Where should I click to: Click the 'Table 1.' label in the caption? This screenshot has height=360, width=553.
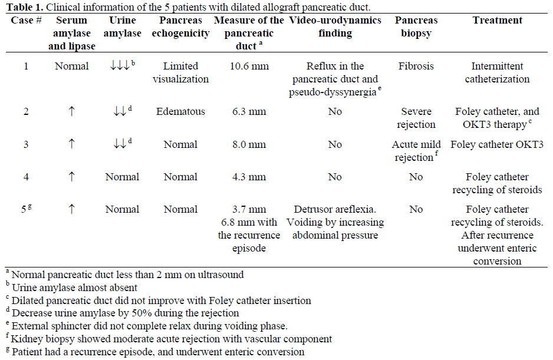click(x=22, y=8)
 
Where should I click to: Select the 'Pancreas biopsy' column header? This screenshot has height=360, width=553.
click(x=416, y=27)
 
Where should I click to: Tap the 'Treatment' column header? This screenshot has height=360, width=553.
click(x=497, y=20)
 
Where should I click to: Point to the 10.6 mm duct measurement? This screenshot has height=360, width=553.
click(x=249, y=66)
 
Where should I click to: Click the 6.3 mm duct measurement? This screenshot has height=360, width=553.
click(x=249, y=111)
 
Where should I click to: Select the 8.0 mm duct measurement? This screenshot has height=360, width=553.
click(x=249, y=144)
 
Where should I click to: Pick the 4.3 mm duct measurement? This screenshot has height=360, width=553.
click(x=249, y=177)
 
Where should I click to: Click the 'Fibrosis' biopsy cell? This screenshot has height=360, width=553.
click(x=416, y=66)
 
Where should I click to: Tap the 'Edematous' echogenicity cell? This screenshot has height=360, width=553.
click(x=180, y=111)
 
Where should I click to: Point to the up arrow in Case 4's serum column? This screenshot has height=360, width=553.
click(x=72, y=177)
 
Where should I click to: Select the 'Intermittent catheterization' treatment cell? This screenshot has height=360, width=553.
click(x=497, y=72)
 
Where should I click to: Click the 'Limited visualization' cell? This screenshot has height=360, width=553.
click(x=180, y=72)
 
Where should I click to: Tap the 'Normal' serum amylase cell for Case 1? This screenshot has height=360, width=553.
click(x=72, y=66)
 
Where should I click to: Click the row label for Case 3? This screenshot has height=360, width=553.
click(x=26, y=144)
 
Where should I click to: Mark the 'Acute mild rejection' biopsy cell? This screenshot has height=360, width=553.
click(x=417, y=151)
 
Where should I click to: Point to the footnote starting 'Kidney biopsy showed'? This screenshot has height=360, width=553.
click(x=171, y=339)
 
